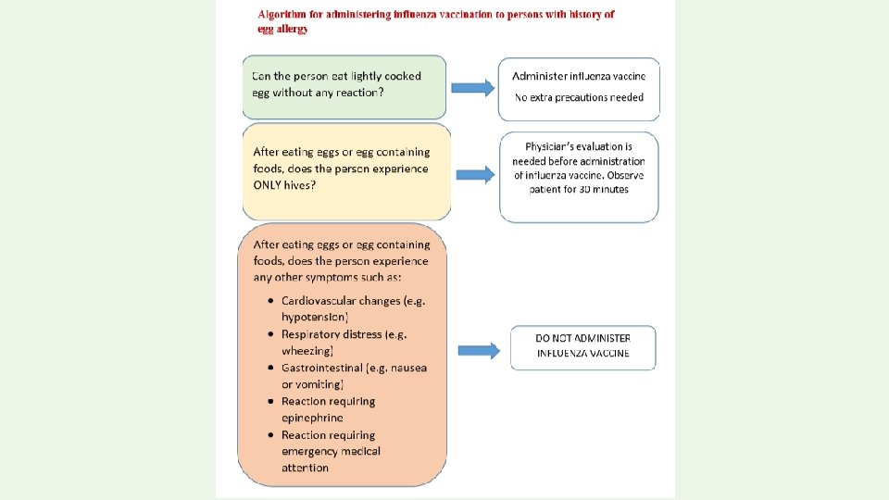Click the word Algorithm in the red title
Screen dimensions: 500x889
pyautogui.click(x=283, y=15)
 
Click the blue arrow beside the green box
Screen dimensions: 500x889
pyautogui.click(x=472, y=88)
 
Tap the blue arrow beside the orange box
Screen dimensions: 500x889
pyautogui.click(x=481, y=350)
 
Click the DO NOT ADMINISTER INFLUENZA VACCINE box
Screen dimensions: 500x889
pyautogui.click(x=583, y=346)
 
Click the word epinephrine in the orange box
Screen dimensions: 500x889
pyautogui.click(x=312, y=418)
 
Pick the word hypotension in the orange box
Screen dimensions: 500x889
pyautogui.click(x=315, y=318)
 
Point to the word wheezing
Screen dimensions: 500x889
pyautogui.click(x=307, y=351)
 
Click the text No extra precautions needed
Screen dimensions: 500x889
pyautogui.click(x=579, y=98)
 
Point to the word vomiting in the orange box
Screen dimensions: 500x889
pyautogui.click(x=320, y=384)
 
